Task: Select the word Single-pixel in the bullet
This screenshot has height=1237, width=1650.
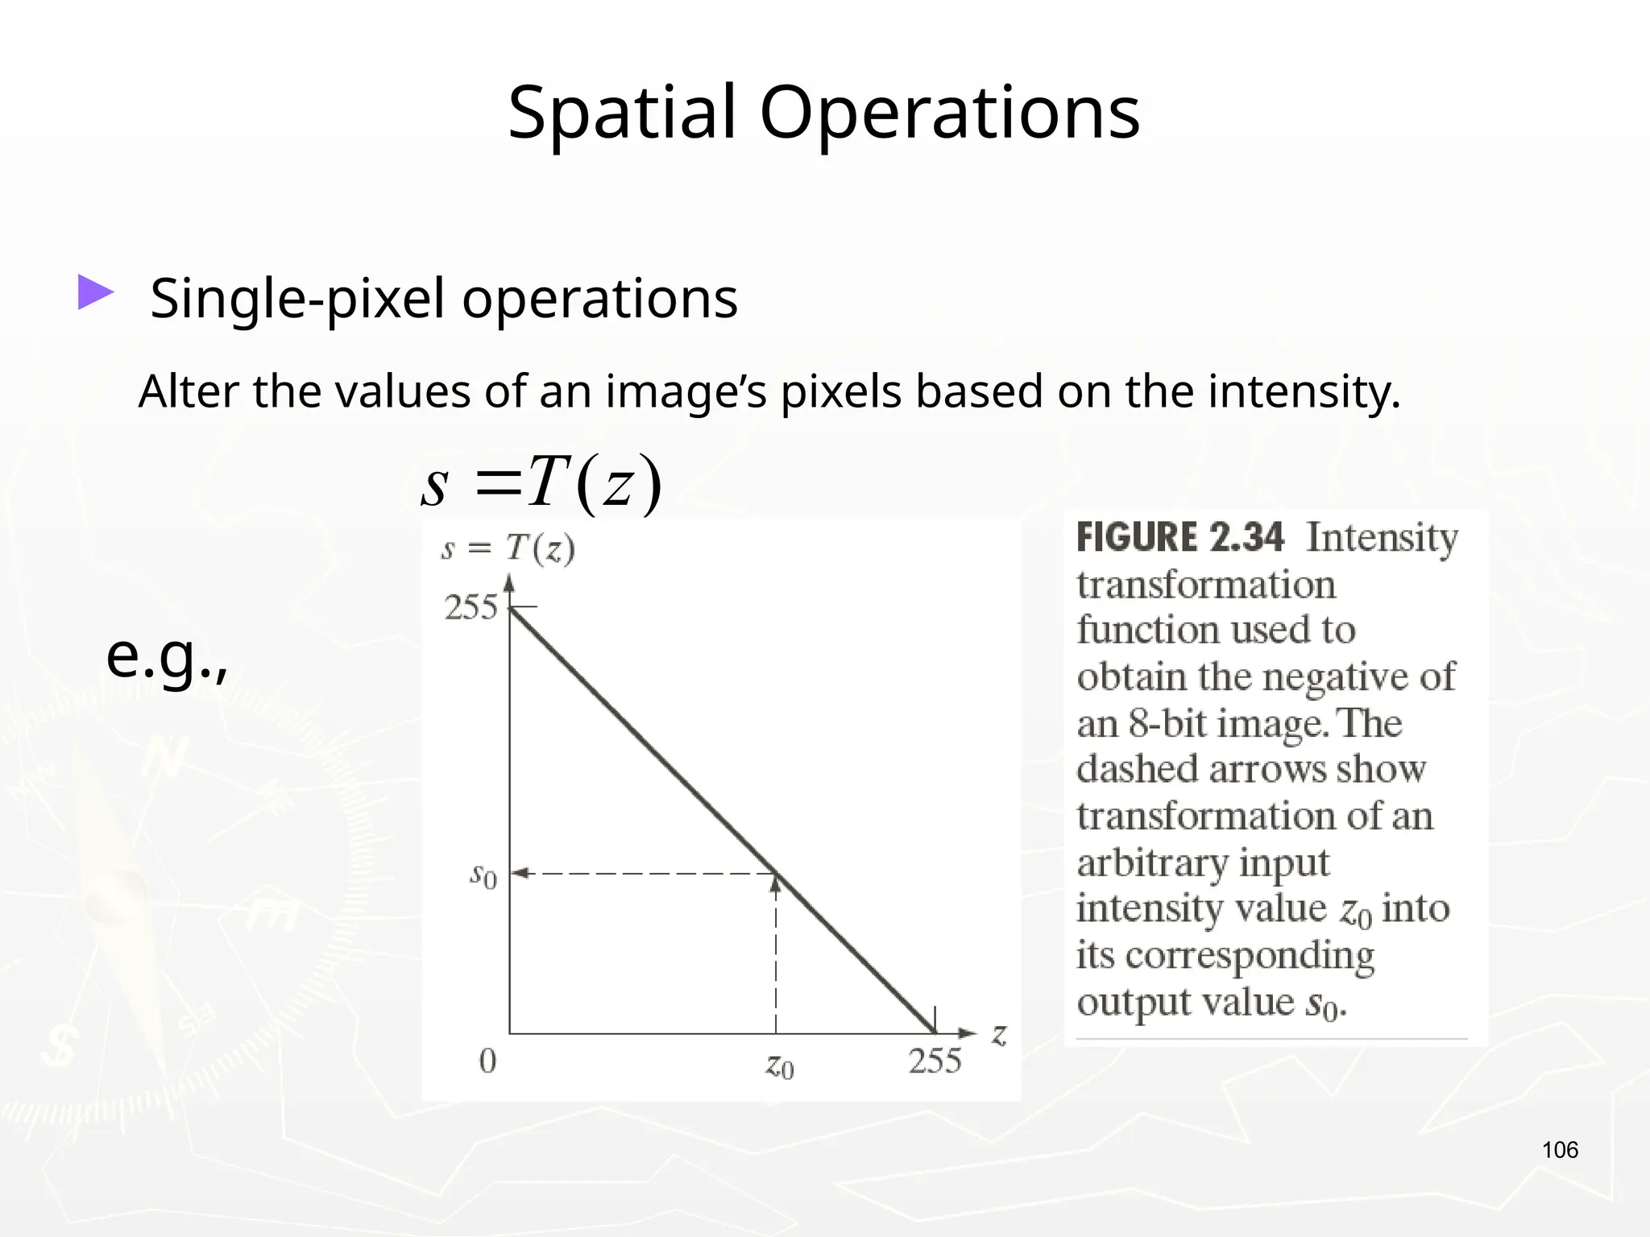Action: (296, 298)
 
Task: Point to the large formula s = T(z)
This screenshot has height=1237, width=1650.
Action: (541, 483)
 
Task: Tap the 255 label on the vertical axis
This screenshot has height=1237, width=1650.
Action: (471, 607)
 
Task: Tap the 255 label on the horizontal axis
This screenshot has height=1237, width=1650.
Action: (935, 1061)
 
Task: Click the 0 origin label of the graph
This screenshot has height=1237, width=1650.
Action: (487, 1061)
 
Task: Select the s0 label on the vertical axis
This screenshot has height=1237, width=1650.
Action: (483, 875)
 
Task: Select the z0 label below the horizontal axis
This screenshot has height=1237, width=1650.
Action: (779, 1066)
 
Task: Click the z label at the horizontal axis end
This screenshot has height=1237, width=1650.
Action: (1000, 1033)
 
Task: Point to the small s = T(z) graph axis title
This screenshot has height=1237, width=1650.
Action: (508, 549)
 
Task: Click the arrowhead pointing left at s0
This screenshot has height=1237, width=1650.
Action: (520, 873)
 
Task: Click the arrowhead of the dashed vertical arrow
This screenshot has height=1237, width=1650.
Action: (776, 884)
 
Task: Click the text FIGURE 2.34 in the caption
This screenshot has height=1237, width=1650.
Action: (1180, 537)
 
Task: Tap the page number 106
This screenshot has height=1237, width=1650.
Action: (1560, 1149)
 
